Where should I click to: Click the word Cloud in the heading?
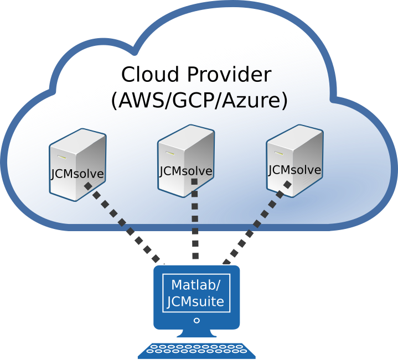150,74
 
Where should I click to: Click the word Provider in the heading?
230,74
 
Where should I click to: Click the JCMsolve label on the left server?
77,174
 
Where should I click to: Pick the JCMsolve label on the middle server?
186,171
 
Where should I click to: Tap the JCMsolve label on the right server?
294,170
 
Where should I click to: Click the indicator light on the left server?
61,157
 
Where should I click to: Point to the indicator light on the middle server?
170,153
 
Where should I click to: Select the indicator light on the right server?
278,153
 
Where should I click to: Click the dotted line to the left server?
122,223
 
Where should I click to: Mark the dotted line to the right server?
257,223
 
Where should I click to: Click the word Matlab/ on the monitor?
196,285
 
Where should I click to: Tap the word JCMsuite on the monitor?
195,302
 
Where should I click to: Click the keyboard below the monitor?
196,351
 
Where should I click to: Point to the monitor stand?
197,333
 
